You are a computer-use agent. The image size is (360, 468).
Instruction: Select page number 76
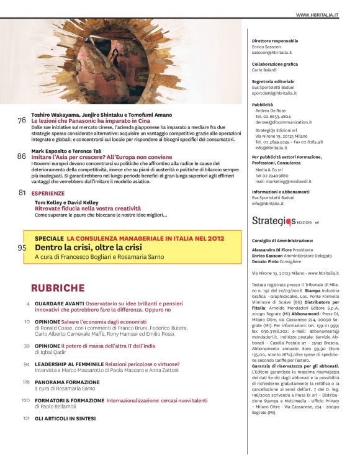[x=22, y=120]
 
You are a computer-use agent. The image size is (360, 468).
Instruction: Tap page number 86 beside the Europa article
[x=22, y=157]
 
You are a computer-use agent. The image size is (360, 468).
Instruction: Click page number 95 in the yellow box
[x=22, y=248]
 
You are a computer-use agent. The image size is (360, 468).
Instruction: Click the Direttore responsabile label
[x=276, y=41]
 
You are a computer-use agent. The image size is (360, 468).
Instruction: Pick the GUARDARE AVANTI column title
[x=59, y=303]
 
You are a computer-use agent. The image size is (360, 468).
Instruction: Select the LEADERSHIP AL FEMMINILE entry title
[x=69, y=364]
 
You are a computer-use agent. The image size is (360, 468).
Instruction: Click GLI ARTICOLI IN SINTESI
[x=65, y=418]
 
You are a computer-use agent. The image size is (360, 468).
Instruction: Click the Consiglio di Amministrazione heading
[x=282, y=240]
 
